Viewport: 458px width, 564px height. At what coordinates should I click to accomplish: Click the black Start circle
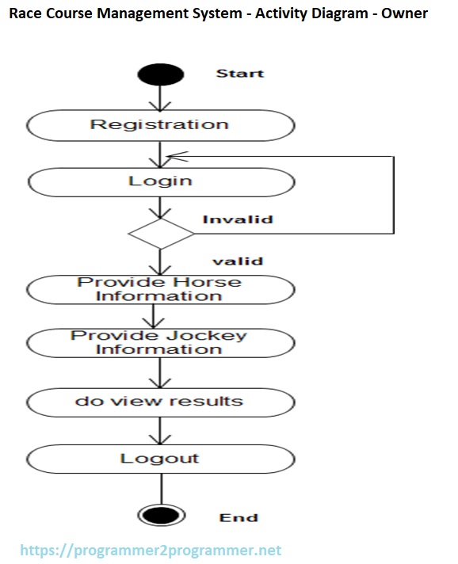[x=160, y=74]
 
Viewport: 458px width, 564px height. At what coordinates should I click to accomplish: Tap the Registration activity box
[x=160, y=125]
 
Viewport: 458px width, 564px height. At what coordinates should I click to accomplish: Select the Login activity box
[x=160, y=181]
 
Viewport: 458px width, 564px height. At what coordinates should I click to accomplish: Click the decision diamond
[x=161, y=234]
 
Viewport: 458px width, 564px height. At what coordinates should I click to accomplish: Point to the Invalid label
[x=238, y=219]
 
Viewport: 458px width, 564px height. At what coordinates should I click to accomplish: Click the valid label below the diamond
[x=238, y=261]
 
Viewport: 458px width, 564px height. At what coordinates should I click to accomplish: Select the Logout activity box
[x=160, y=459]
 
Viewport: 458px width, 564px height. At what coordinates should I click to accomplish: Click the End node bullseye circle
[x=160, y=515]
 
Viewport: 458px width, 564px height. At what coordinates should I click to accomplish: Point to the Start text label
[x=240, y=74]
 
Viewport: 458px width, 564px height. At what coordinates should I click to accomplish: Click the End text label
[x=239, y=517]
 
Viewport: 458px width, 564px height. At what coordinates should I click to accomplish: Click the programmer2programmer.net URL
[x=151, y=550]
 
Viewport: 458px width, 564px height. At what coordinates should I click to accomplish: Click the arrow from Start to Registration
[x=161, y=97]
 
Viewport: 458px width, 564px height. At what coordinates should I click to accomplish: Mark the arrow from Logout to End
[x=161, y=486]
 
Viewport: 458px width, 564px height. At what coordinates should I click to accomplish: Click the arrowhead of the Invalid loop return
[x=176, y=156]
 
